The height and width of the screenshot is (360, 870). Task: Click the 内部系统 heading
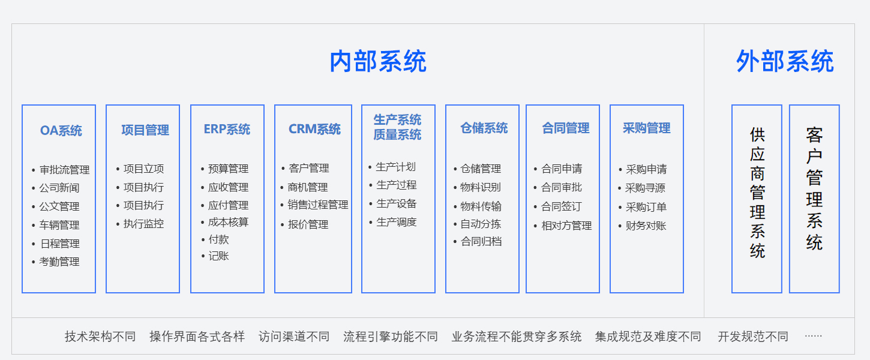click(378, 61)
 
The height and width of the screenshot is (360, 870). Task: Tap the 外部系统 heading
click(785, 61)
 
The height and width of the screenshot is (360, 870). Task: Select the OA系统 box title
click(61, 130)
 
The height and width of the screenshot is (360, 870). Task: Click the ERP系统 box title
click(227, 129)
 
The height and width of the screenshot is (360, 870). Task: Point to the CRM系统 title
click(314, 129)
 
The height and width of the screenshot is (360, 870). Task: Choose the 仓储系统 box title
click(484, 128)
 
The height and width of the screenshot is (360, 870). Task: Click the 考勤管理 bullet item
click(59, 262)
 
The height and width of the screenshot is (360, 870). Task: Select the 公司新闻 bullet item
click(59, 188)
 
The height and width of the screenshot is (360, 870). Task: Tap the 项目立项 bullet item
click(144, 169)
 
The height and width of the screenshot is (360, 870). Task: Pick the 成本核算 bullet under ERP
click(228, 222)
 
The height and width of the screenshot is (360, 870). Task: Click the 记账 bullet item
click(218, 256)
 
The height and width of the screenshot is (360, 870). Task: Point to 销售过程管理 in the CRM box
click(318, 205)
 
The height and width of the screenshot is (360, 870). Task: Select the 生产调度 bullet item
click(396, 222)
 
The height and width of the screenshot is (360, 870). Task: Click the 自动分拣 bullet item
click(481, 224)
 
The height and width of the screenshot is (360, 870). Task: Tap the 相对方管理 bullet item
click(566, 226)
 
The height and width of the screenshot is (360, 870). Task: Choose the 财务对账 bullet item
click(646, 226)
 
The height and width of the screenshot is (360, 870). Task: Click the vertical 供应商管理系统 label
click(757, 193)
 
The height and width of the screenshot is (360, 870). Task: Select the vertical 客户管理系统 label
click(814, 189)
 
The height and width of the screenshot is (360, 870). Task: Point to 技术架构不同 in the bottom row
click(100, 337)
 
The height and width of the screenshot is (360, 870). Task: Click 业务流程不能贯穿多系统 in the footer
click(516, 337)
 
